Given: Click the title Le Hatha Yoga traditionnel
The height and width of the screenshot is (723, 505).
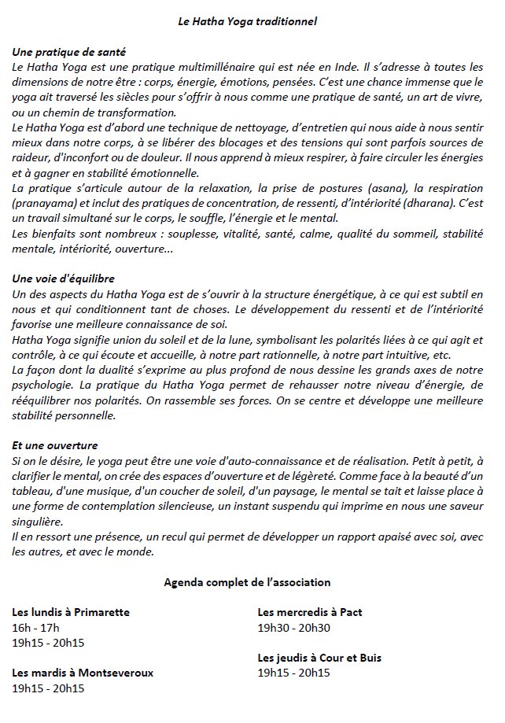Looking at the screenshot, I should coord(247,21).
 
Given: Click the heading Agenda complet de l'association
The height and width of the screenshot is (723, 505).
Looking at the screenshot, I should coord(247,582).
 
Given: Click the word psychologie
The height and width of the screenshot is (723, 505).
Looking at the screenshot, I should coord(42,385).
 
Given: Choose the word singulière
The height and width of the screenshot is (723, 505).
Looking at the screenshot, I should coord(38,522).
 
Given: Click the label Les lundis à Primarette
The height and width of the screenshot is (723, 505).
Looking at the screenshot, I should coord(72,612).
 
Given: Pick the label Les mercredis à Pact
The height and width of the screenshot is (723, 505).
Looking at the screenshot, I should coord(310,612).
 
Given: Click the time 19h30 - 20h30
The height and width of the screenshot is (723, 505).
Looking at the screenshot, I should coord(294,627).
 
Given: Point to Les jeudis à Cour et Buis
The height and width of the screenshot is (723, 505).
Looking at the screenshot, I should coord(320,657).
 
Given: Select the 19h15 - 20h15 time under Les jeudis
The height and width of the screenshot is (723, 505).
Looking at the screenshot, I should coord(294,673).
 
